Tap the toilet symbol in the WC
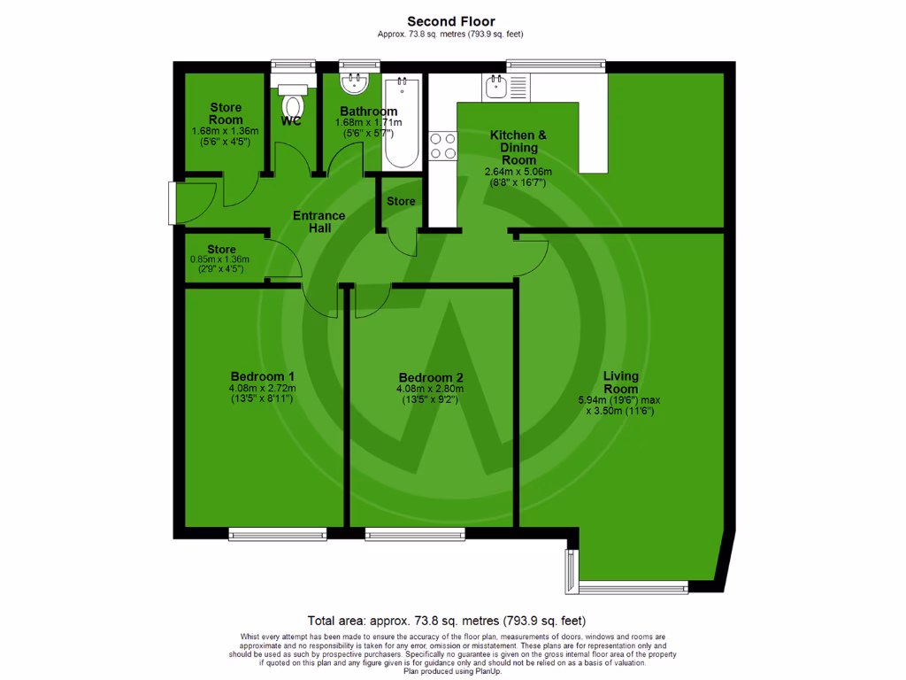click(x=291, y=100)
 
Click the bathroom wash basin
click(x=357, y=85)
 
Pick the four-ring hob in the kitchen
click(x=442, y=145)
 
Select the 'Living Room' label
click(x=620, y=382)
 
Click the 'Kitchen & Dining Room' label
click(x=518, y=147)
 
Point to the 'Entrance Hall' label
click(x=319, y=221)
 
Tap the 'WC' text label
click(x=291, y=121)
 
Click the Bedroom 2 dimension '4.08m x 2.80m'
click(x=429, y=388)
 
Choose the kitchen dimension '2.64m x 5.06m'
click(x=518, y=172)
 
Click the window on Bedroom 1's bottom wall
click(x=277, y=534)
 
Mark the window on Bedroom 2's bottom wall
click(x=414, y=534)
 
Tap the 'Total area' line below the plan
click(x=446, y=621)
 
